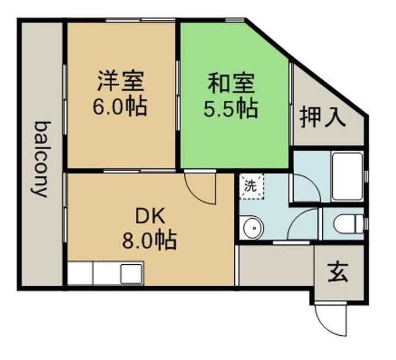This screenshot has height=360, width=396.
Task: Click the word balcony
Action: pos(41,159)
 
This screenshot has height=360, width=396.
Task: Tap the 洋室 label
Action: pos(120,81)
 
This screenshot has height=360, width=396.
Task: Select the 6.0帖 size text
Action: pos(120,106)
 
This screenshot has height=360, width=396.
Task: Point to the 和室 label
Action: pos(231,83)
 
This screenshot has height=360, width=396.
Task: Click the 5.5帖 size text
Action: pos(231,108)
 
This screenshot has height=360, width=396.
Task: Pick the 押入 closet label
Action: pos(323,117)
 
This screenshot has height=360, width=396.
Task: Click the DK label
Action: pos(151,216)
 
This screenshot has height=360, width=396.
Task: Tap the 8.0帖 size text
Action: pos(149,239)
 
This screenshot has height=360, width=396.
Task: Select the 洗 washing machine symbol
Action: pos(251,187)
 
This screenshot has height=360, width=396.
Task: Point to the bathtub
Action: pos(347,177)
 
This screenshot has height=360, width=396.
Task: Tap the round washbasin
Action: pos(254,228)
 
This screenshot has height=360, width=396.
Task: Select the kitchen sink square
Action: pos(131,274)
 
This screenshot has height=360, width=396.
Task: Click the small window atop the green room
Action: pos(235,20)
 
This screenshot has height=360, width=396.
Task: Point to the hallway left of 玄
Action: pos(277,265)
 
